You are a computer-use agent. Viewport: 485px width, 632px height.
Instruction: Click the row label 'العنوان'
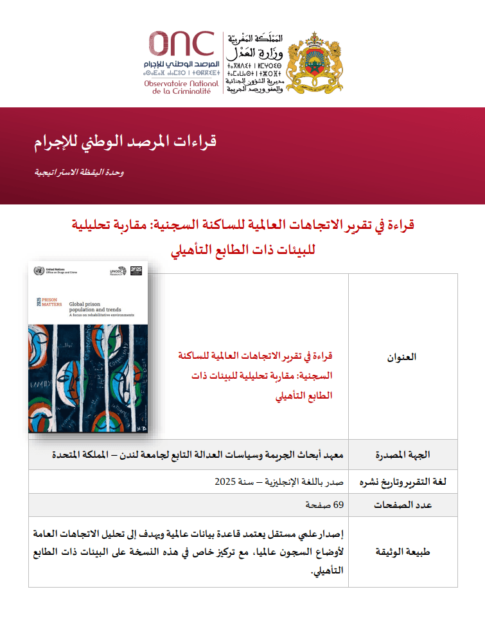click(x=403, y=356)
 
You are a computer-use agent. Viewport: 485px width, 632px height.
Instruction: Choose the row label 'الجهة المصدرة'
click(x=403, y=455)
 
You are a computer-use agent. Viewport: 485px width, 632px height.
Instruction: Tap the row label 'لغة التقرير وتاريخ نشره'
click(x=403, y=482)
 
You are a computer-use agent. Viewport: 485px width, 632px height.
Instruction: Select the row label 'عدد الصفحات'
click(x=403, y=505)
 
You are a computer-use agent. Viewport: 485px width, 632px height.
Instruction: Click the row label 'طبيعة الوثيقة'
click(x=403, y=552)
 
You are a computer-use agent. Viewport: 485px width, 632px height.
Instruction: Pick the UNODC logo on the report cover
click(x=116, y=272)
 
